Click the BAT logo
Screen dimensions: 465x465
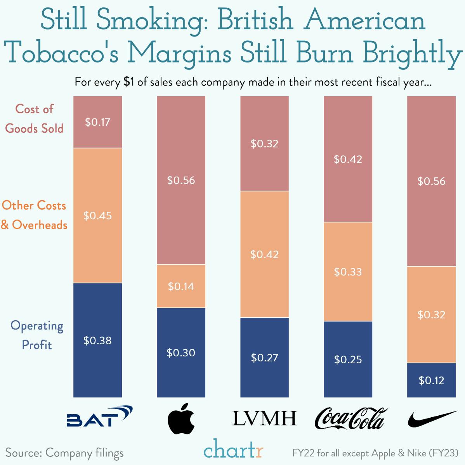click(99, 416)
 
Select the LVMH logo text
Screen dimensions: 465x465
click(264, 418)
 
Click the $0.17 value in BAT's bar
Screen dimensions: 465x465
click(97, 122)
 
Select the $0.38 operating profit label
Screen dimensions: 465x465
click(97, 340)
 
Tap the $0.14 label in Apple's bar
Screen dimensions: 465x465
click(181, 286)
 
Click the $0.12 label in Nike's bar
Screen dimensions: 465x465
click(431, 380)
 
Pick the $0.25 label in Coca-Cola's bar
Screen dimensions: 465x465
click(348, 359)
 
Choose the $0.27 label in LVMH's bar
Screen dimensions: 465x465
click(264, 357)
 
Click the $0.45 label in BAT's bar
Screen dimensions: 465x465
click(97, 216)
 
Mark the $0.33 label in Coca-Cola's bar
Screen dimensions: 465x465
click(348, 272)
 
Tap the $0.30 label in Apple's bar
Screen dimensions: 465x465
click(181, 352)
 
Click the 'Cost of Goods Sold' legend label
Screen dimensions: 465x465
click(34, 119)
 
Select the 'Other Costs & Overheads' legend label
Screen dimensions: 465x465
click(34, 215)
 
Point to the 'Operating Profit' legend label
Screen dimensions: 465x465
click(36, 335)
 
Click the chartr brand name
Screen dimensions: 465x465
click(233, 450)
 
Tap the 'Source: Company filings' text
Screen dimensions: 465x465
click(64, 453)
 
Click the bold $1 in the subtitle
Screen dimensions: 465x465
click(129, 82)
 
